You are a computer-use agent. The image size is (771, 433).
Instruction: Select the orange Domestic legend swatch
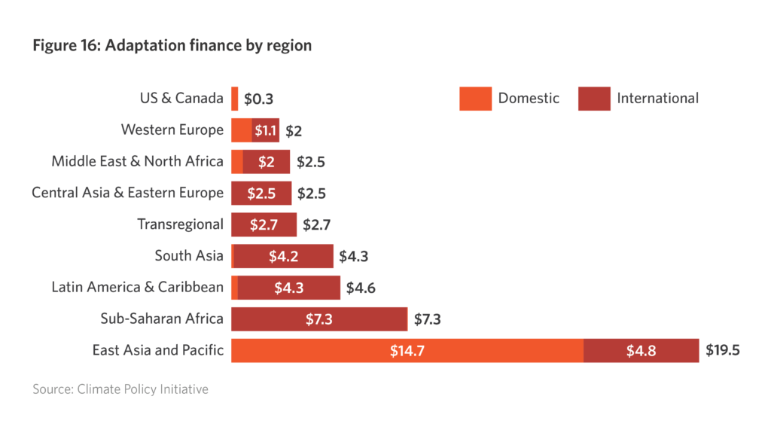click(474, 99)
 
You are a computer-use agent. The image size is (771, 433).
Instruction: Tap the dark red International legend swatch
click(593, 99)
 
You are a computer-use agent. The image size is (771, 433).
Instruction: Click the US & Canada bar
click(235, 99)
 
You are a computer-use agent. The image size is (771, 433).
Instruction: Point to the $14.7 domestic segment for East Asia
click(407, 351)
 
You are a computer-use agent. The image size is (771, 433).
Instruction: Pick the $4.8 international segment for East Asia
click(641, 351)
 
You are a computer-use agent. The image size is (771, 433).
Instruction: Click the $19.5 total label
click(722, 351)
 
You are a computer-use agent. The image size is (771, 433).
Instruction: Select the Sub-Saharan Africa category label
click(162, 319)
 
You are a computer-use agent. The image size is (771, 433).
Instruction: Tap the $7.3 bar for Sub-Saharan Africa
click(318, 319)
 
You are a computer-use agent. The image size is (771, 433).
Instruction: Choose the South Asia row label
click(189, 256)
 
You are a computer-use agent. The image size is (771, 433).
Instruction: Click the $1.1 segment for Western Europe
click(266, 130)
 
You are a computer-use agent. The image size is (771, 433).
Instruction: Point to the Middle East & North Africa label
click(137, 161)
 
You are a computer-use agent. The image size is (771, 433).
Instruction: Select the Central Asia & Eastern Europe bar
click(261, 194)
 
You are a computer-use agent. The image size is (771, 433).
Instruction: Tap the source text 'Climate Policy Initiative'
click(120, 389)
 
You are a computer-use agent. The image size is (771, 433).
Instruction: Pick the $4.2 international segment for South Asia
click(283, 256)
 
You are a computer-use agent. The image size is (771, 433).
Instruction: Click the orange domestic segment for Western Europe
click(241, 130)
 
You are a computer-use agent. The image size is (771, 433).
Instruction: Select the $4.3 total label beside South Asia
click(353, 256)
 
